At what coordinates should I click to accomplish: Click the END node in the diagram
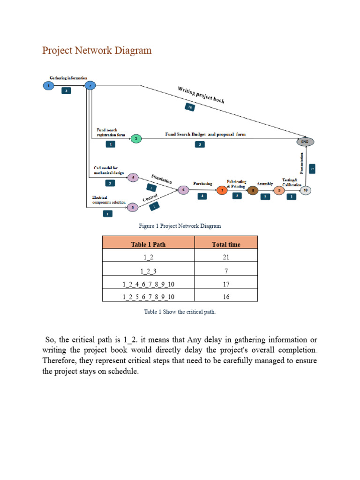(x=305, y=141)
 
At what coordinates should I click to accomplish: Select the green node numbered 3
(x=136, y=138)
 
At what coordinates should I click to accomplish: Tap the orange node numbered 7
(x=222, y=190)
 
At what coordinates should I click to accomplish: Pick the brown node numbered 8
(x=253, y=190)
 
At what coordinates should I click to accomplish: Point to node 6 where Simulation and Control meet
(x=183, y=190)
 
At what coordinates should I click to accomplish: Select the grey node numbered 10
(x=305, y=190)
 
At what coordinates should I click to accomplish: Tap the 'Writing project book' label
(x=201, y=95)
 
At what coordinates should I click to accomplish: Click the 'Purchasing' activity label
(x=202, y=183)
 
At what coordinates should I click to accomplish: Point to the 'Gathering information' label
(x=68, y=78)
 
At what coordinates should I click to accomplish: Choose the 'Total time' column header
(x=226, y=244)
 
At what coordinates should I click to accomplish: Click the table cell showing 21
(x=226, y=257)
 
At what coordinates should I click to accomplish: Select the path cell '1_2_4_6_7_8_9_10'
(x=148, y=284)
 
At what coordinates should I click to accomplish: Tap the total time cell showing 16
(x=226, y=297)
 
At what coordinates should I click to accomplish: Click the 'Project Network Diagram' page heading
(x=97, y=51)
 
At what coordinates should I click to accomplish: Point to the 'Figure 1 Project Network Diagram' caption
(x=180, y=226)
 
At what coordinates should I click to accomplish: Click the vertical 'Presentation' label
(x=302, y=163)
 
